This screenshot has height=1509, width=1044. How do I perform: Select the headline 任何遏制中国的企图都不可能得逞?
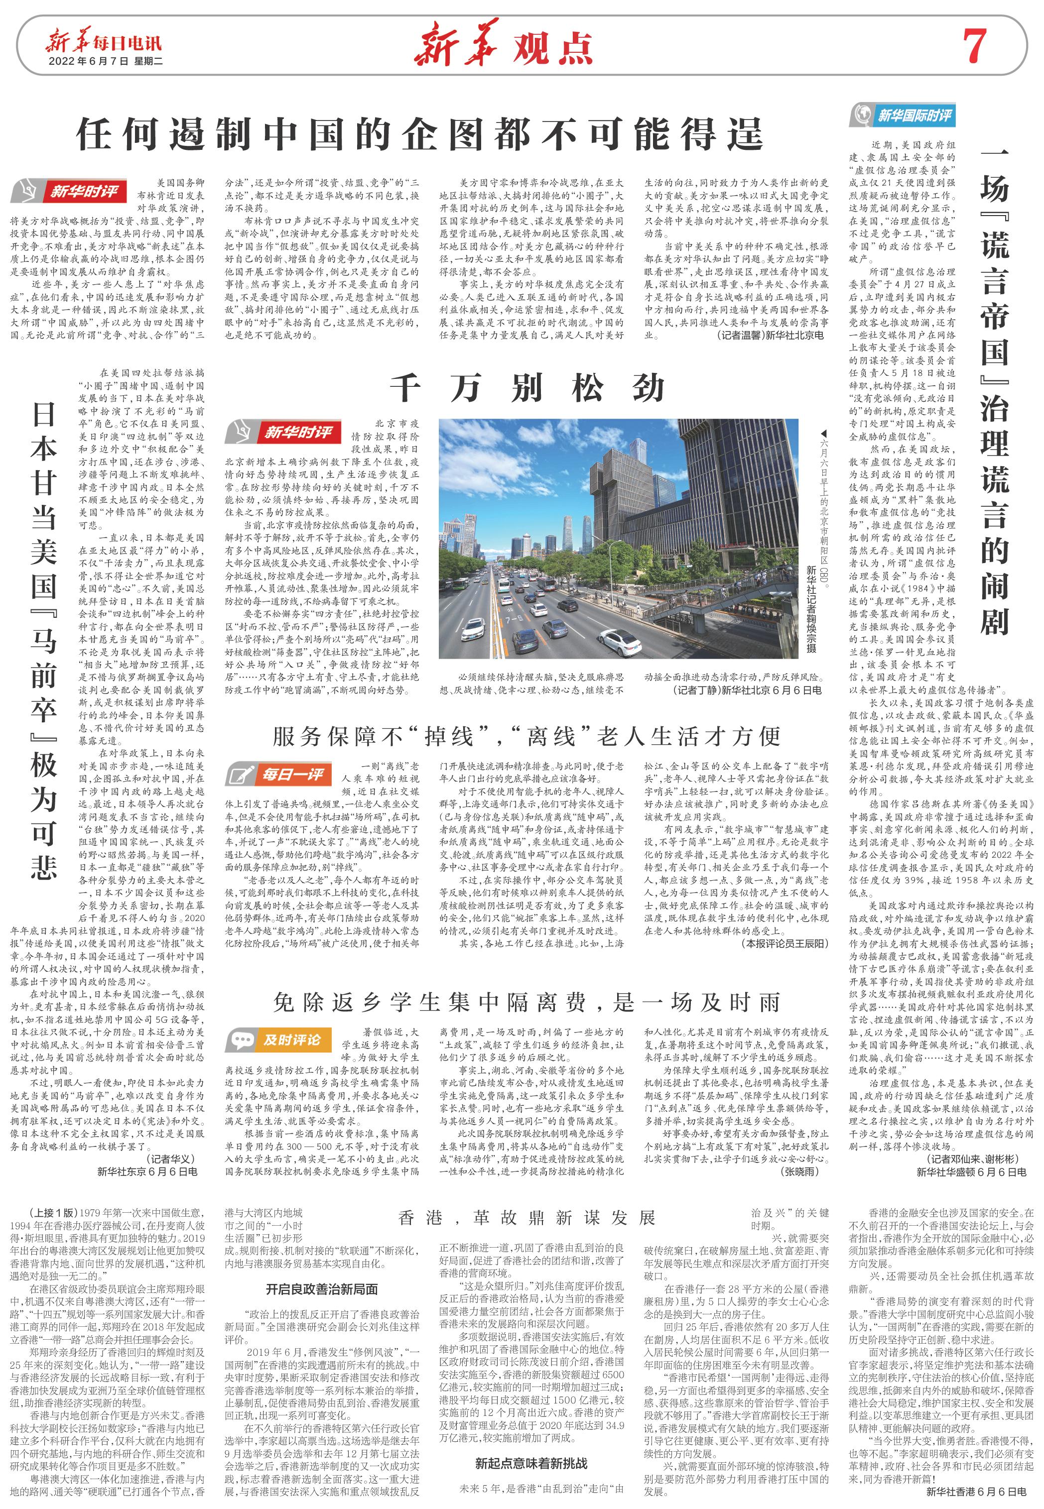coord(419,133)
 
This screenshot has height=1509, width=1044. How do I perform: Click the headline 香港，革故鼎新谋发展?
coord(526,1217)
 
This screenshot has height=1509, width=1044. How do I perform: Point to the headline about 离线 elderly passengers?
coord(526,736)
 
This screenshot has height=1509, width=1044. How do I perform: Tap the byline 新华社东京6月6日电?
coord(147,1171)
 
